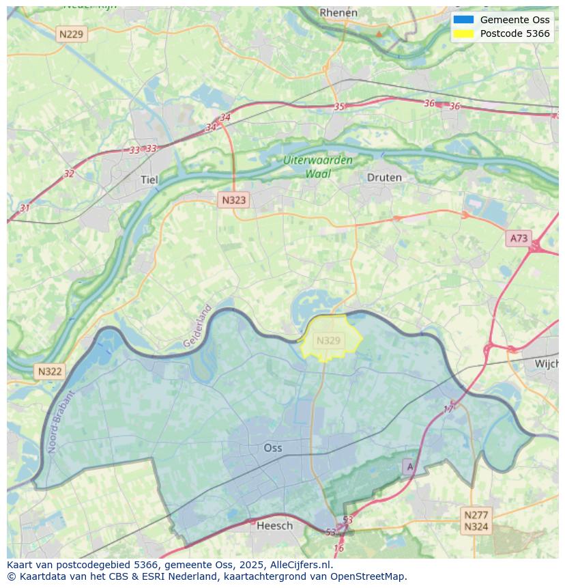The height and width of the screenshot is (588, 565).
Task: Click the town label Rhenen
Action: click(x=338, y=12)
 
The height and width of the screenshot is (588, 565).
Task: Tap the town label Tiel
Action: click(x=149, y=180)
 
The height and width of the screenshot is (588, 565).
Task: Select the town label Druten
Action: click(x=384, y=178)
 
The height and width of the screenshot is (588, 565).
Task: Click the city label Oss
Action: click(x=273, y=448)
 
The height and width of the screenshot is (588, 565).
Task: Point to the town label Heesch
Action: click(x=274, y=525)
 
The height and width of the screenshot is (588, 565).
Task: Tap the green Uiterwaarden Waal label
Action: click(x=318, y=167)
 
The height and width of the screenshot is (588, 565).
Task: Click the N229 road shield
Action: click(x=72, y=34)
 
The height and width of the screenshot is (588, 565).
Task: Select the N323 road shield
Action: click(x=233, y=200)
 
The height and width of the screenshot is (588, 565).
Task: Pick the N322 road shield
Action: click(x=50, y=372)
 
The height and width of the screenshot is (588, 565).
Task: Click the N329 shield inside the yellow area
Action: click(x=329, y=340)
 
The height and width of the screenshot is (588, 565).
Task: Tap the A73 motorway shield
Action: click(x=519, y=238)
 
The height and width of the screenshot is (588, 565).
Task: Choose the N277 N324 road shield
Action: click(x=476, y=521)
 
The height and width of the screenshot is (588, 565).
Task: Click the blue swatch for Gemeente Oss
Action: click(x=463, y=20)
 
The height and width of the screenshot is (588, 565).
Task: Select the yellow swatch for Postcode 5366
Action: click(x=463, y=33)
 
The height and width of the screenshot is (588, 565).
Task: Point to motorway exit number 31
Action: click(x=25, y=208)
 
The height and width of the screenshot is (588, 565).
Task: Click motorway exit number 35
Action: click(x=339, y=107)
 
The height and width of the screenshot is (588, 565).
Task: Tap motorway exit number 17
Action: click(x=449, y=409)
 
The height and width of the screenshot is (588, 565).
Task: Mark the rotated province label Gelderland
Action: click(x=198, y=326)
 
